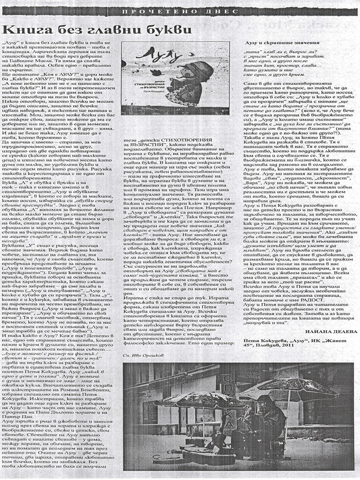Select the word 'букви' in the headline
[161, 30]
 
